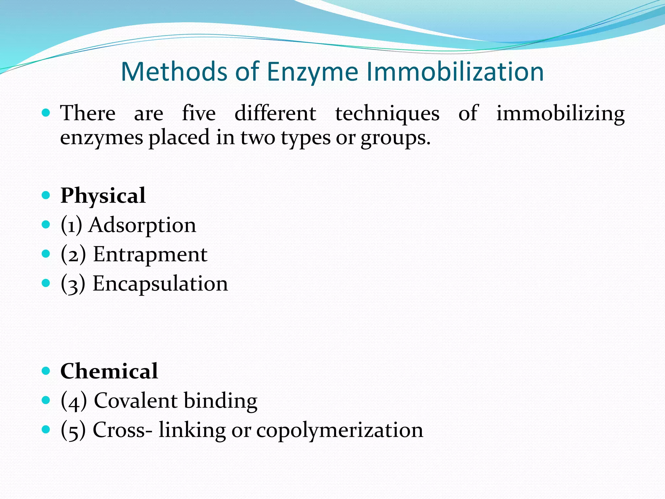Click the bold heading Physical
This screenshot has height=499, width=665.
(103, 196)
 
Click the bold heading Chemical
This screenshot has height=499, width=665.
(109, 371)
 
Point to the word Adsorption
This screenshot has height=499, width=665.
(143, 225)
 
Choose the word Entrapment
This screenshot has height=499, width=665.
(150, 254)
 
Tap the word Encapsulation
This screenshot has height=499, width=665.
(160, 284)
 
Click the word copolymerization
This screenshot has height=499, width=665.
(340, 430)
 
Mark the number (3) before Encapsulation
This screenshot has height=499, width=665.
(73, 284)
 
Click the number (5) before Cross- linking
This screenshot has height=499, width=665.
(73, 430)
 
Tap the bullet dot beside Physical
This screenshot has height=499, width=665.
(46, 195)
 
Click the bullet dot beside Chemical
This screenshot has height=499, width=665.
(46, 371)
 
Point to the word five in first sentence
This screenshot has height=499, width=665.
(199, 113)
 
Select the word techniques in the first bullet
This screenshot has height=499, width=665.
(387, 113)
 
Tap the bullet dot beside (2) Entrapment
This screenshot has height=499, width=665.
(46, 254)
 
